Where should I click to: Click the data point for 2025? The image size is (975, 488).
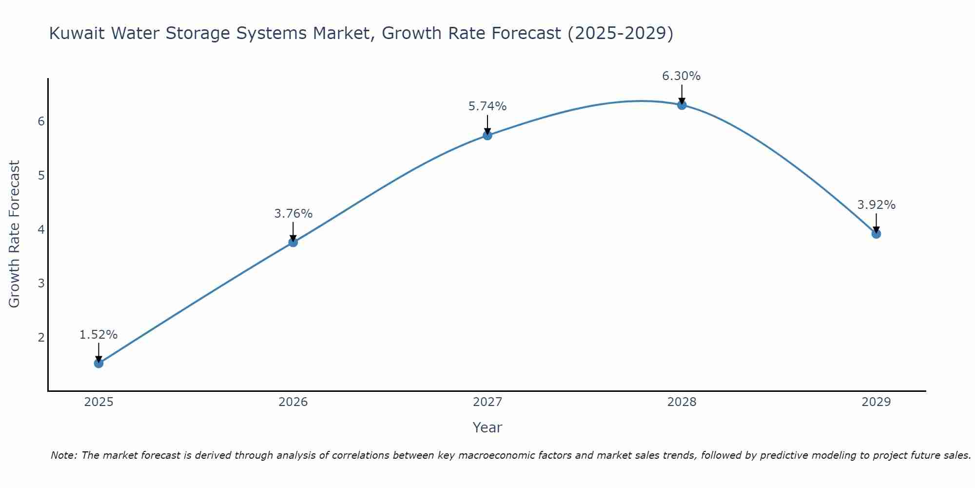pos(98,363)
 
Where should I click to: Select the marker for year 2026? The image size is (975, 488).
pos(293,242)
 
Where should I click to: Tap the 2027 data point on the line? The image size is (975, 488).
pos(487,135)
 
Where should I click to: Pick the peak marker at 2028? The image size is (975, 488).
pos(682,105)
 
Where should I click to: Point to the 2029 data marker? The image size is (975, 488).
pos(876,234)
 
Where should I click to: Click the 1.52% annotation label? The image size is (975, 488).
pos(98,335)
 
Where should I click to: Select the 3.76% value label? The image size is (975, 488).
pos(293,214)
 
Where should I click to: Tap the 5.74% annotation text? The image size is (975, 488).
pos(487,106)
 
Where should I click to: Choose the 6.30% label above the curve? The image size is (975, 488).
pos(682,76)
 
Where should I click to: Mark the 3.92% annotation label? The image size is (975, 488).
pos(876,205)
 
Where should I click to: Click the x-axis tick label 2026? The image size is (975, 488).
pos(293,402)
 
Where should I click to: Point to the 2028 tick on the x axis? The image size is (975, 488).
pos(682,402)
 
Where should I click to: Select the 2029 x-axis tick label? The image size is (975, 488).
pos(876,402)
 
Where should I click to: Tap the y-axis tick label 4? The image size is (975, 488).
pos(41,229)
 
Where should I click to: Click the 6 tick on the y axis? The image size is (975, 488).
pos(41,121)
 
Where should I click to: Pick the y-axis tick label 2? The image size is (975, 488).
pos(41,337)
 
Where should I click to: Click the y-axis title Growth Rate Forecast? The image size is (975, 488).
pos(15,234)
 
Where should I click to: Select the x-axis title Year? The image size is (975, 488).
pos(487,427)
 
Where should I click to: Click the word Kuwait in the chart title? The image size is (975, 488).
pos(78,34)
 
